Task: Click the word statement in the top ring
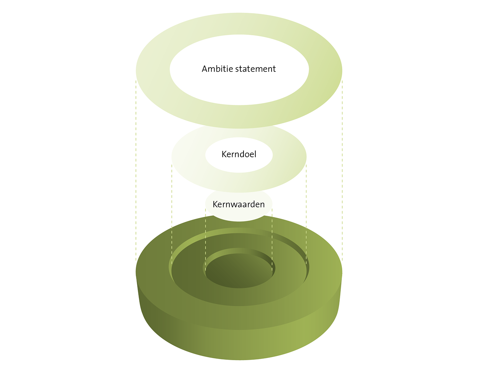(255, 69)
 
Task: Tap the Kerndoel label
(239, 154)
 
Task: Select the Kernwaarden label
(239, 204)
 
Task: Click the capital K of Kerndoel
(224, 154)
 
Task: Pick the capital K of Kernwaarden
(215, 204)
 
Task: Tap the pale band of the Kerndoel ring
(239, 182)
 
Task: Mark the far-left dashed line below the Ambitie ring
(136, 171)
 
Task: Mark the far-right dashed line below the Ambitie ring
(342, 171)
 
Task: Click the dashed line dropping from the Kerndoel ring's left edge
(172, 214)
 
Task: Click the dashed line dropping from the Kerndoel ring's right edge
(306, 214)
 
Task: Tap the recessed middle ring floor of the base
(239, 297)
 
